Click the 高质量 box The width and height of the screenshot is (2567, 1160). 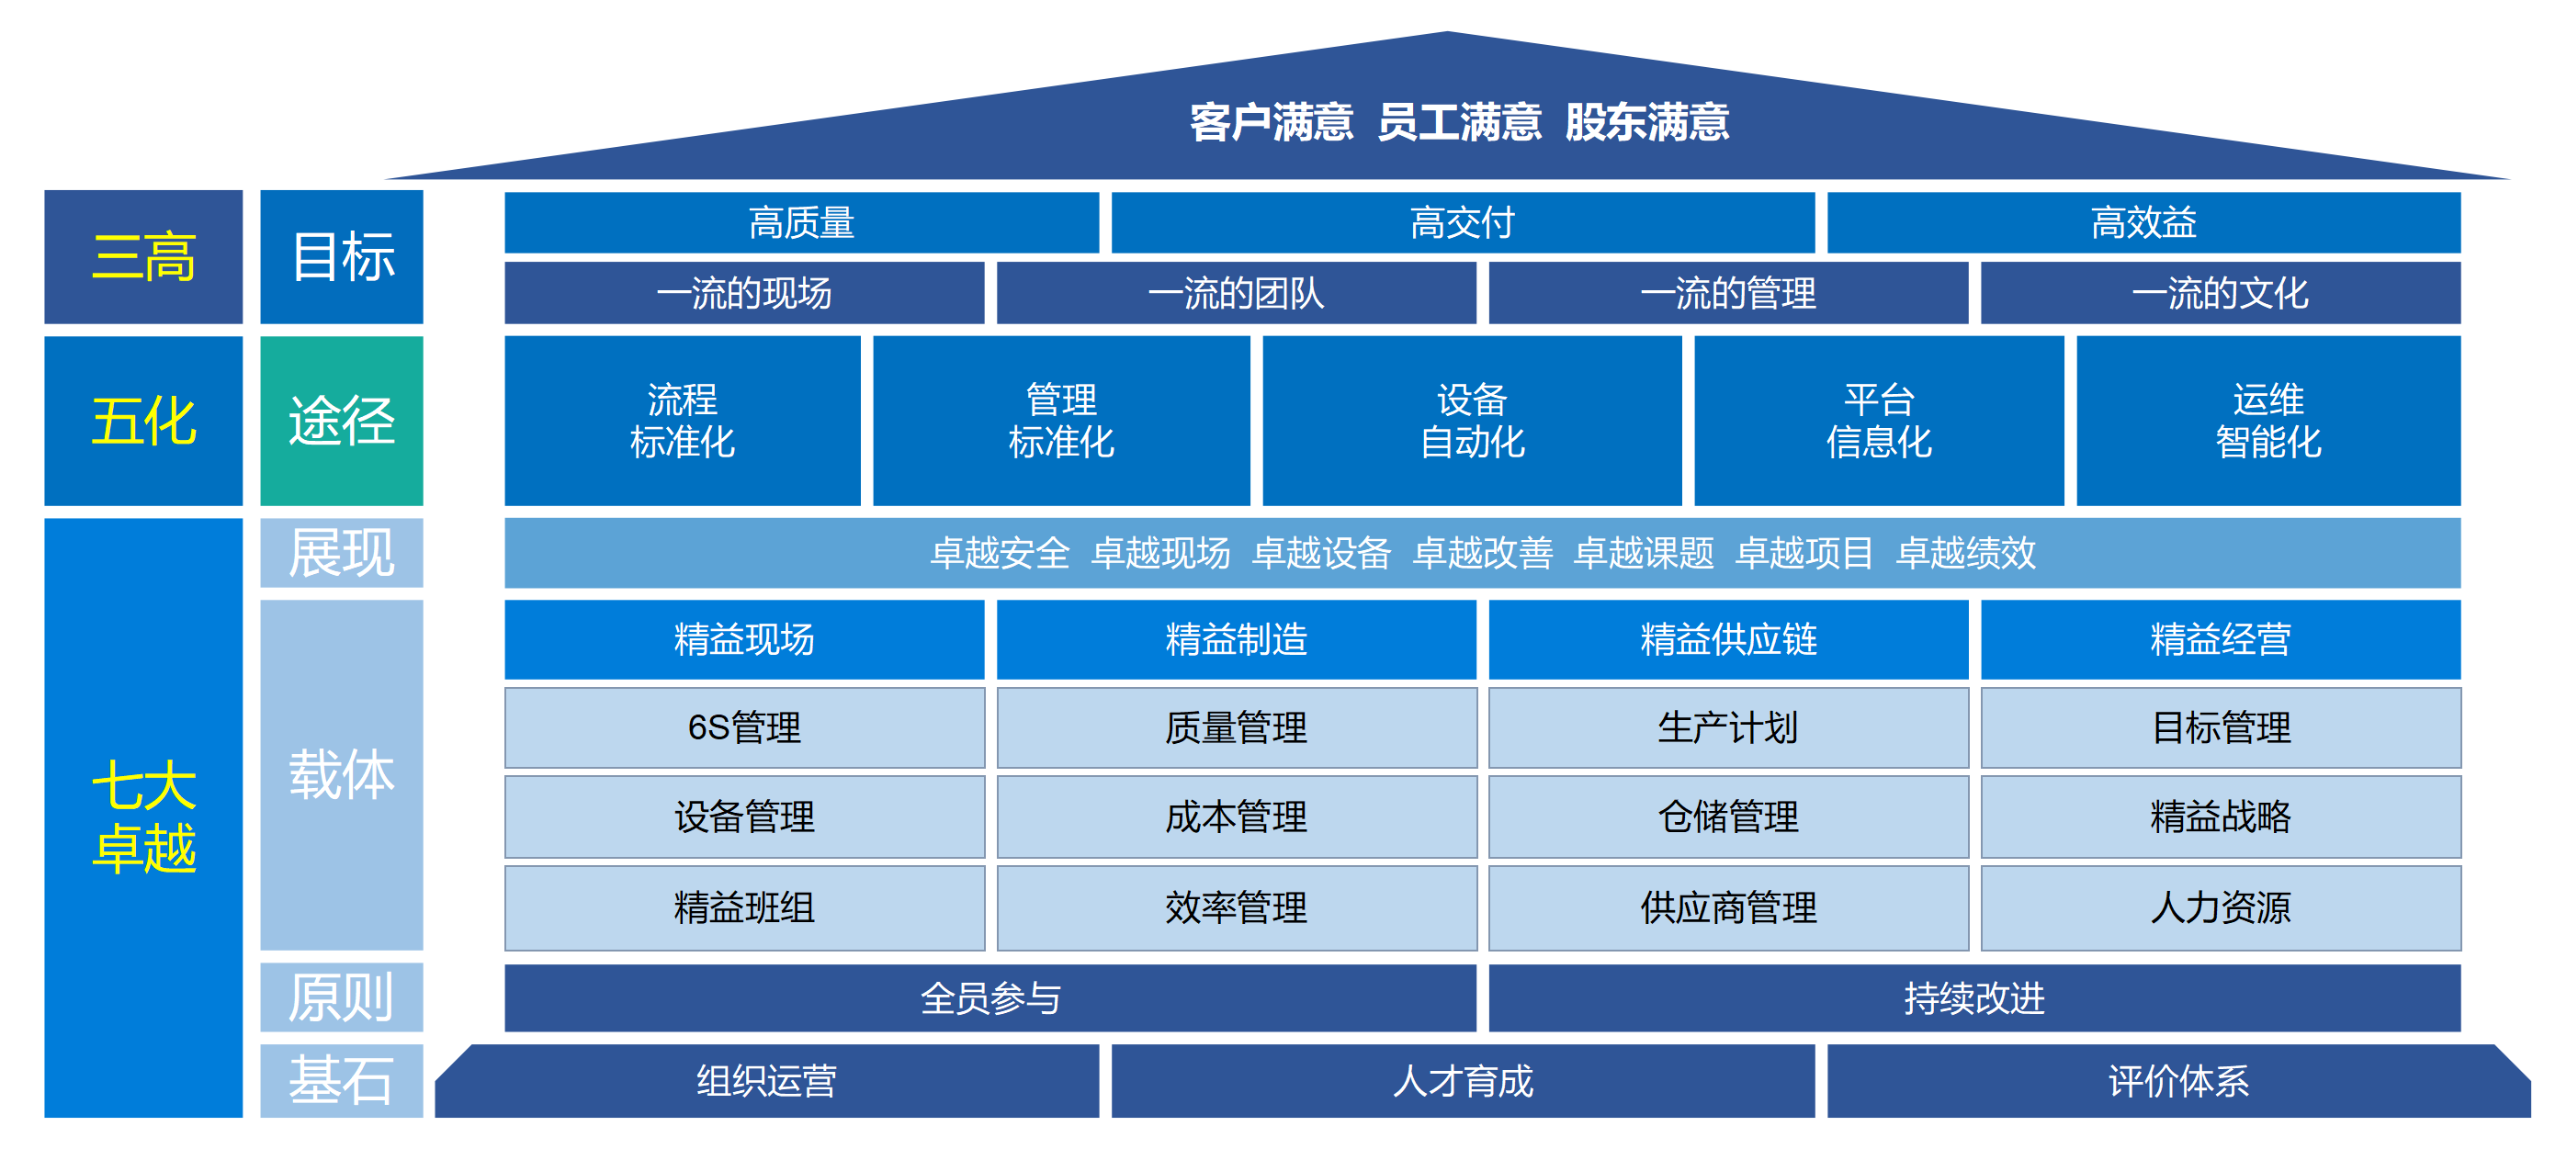pyautogui.click(x=801, y=223)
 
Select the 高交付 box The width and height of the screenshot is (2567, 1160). pyautogui.click(x=1462, y=223)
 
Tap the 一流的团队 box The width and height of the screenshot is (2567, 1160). pyautogui.click(x=1236, y=293)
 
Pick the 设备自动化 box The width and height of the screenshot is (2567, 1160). pyautogui.click(x=1471, y=421)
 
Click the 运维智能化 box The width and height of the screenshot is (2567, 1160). pyautogui.click(x=2268, y=421)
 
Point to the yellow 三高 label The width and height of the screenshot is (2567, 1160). pyautogui.click(x=143, y=257)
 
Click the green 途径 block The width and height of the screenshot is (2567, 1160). pyautogui.click(x=342, y=421)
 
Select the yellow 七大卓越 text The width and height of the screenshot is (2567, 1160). pyautogui.click(x=143, y=817)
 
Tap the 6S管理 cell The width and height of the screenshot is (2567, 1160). pyautogui.click(x=744, y=727)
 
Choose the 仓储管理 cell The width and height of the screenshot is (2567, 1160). pyautogui.click(x=1728, y=817)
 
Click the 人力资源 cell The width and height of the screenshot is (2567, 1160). pyautogui.click(x=2221, y=907)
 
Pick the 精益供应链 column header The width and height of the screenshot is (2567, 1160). pyautogui.click(x=1728, y=640)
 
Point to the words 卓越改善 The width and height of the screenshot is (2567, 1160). pyautogui.click(x=1482, y=553)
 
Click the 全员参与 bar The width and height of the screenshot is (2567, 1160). pyautogui.click(x=989, y=997)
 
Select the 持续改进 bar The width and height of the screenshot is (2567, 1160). pyautogui.click(x=1974, y=997)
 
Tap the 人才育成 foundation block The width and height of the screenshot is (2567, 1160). pyautogui.click(x=1462, y=1081)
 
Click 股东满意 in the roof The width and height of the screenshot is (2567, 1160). pyautogui.click(x=1646, y=122)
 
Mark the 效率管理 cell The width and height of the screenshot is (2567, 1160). pyautogui.click(x=1236, y=907)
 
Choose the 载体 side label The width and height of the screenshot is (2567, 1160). pyautogui.click(x=342, y=774)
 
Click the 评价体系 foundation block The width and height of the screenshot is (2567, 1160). pyautogui.click(x=2178, y=1081)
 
